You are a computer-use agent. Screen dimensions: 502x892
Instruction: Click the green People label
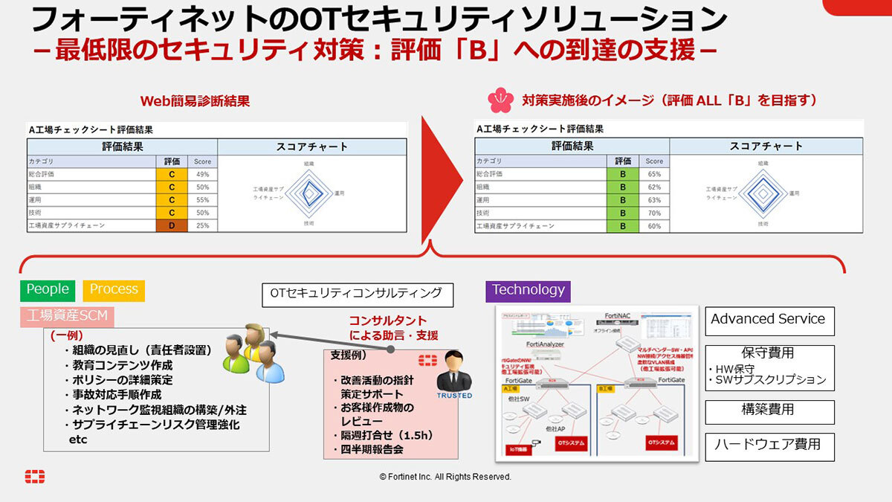coord(48,289)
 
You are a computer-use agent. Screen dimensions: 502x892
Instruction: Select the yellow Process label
coord(114,289)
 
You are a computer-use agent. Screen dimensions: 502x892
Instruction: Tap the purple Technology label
coord(529,290)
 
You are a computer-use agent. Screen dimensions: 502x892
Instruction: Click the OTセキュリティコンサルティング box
coord(356,294)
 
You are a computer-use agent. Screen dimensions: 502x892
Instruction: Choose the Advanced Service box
coord(769,320)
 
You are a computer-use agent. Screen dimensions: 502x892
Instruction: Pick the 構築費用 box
coord(769,411)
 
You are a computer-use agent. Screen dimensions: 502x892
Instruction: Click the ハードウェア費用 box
coord(769,445)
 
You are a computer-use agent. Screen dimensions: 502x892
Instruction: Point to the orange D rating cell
coord(172,225)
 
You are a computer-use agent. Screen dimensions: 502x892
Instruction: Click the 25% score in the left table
coord(202,225)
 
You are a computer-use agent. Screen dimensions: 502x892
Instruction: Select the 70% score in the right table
coord(654,213)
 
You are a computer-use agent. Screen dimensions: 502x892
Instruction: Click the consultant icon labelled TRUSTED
coord(453,376)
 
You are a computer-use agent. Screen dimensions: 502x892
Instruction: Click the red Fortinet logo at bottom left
coord(34,477)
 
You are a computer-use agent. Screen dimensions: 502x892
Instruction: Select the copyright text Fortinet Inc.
coord(445,477)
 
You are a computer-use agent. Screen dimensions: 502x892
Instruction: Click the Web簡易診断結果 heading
coord(195,100)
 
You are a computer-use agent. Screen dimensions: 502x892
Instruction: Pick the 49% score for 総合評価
coord(202,174)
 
